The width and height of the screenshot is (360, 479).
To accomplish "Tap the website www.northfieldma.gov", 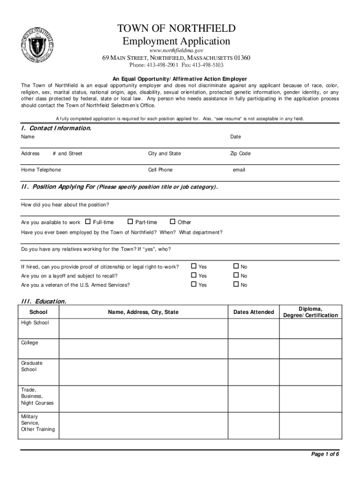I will click(x=176, y=50).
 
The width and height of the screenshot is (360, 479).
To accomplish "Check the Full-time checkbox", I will click(x=88, y=222).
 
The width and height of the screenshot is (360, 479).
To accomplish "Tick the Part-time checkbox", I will click(x=130, y=222).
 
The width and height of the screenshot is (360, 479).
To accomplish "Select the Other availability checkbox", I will click(x=172, y=222).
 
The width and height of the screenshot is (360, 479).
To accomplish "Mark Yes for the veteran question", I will click(x=194, y=284).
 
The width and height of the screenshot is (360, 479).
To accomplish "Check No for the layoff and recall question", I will click(x=236, y=276).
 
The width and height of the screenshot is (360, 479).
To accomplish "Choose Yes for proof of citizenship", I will click(x=194, y=267).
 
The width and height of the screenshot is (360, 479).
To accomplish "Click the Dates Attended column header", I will click(x=253, y=312).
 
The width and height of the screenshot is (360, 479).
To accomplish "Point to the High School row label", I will click(x=35, y=323).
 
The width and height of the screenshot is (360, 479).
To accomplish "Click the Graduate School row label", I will click(x=32, y=366).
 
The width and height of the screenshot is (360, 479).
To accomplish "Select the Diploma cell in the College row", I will click(x=310, y=348).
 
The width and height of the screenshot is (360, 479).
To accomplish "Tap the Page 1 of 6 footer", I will click(x=325, y=454).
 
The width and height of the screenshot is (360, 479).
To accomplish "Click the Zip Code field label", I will click(x=240, y=153).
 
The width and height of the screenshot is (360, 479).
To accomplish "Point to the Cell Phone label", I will click(x=160, y=170).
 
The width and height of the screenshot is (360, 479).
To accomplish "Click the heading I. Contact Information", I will click(x=56, y=128).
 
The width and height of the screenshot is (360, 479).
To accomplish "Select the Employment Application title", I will click(x=176, y=41).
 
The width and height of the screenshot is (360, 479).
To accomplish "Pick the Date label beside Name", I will click(x=235, y=137).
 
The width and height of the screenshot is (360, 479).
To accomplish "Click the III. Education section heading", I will click(x=43, y=301).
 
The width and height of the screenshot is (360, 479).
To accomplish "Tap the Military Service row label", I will click(x=38, y=423).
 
